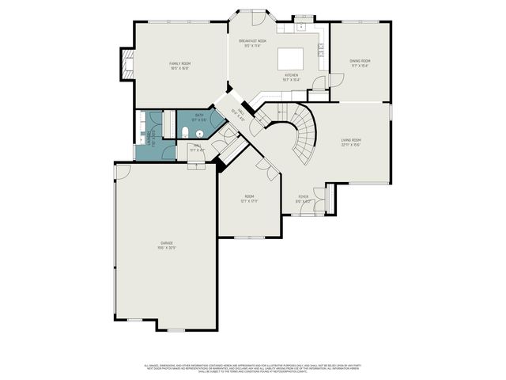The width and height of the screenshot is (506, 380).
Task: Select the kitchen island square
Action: pos(289,59)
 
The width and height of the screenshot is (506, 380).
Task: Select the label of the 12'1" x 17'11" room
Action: pos(249,199)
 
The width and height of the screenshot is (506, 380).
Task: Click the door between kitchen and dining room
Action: pos(335,80)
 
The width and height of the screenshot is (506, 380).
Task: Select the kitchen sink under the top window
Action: pos(302,26)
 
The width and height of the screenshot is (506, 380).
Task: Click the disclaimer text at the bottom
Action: pos(253,367)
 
